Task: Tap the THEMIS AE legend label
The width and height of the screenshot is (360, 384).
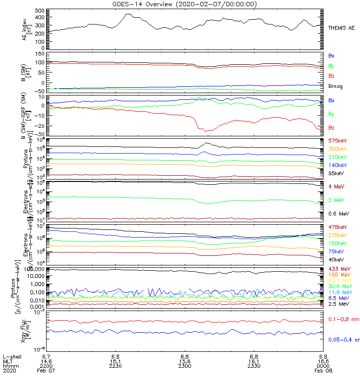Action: coord(341,28)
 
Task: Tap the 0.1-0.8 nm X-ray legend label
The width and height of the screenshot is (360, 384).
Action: coord(344,319)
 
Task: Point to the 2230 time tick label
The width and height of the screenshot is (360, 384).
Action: coord(116,366)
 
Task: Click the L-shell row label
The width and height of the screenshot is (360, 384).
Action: coord(11,357)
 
